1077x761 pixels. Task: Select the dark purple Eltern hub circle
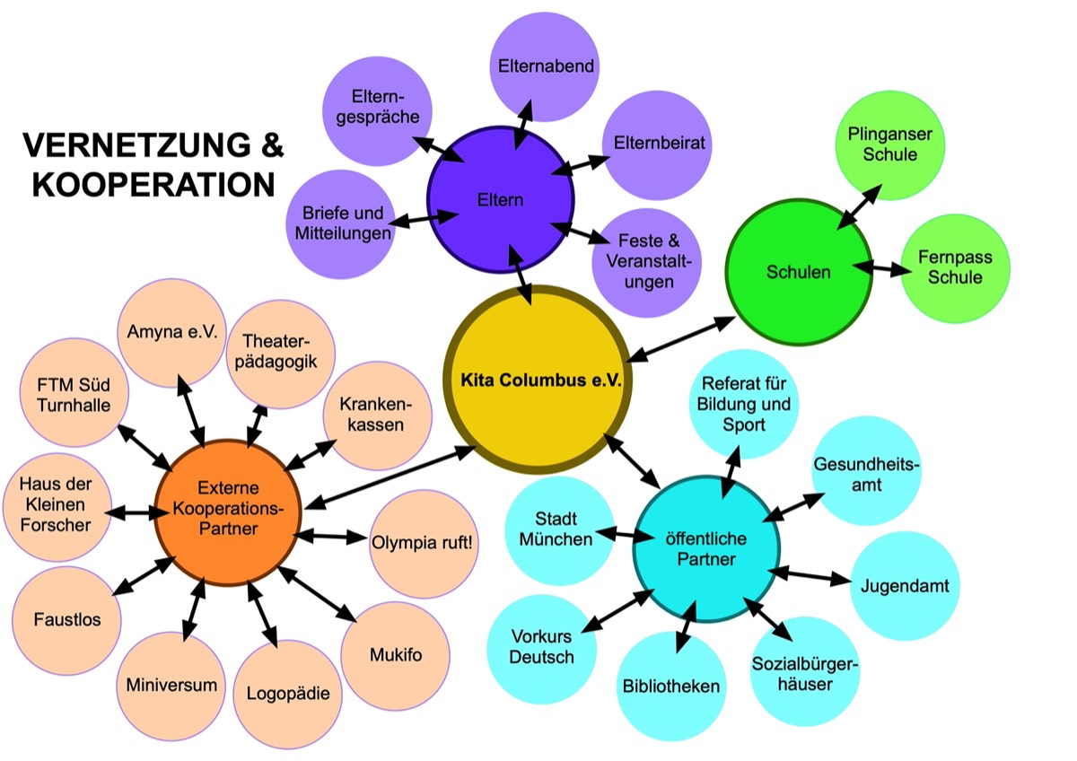[500, 199]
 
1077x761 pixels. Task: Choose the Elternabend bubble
[545, 66]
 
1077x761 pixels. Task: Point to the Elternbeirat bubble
[657, 143]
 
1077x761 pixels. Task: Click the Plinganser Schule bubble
[889, 144]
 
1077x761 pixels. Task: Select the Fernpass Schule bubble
[954, 267]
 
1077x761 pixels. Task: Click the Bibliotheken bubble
[670, 687]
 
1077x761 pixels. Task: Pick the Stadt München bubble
[559, 529]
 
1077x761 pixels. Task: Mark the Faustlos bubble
[66, 618]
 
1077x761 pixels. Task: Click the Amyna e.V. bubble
[173, 332]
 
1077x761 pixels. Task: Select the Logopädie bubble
[287, 693]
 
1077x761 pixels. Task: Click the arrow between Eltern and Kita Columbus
[521, 276]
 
